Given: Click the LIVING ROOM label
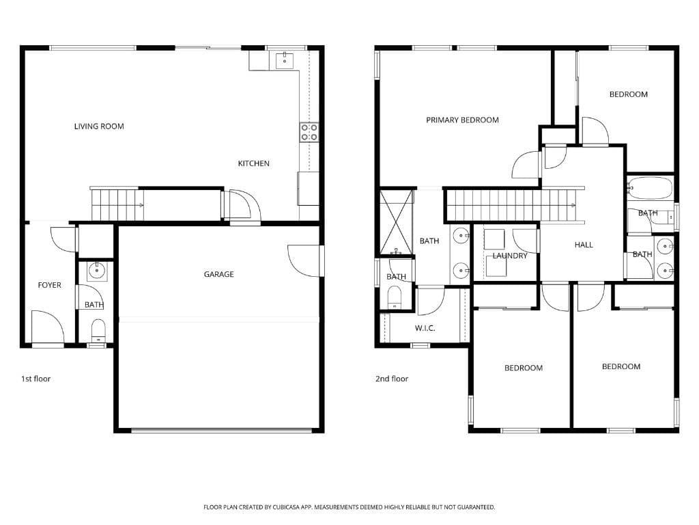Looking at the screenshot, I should click(x=99, y=126).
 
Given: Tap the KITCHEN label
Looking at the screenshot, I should click(x=253, y=163).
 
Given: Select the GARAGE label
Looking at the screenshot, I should click(x=218, y=274).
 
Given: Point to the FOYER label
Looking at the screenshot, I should click(x=49, y=285).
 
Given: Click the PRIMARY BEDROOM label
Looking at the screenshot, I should click(x=462, y=120).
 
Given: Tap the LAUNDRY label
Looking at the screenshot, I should click(x=510, y=256).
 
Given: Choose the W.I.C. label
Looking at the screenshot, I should click(x=425, y=328).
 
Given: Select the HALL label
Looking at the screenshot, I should click(x=584, y=245).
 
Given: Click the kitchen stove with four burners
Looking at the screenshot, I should click(x=309, y=132).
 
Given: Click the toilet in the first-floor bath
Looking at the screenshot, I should click(x=98, y=329).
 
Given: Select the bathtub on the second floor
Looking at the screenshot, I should click(x=650, y=187).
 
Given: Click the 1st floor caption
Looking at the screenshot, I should click(x=35, y=379).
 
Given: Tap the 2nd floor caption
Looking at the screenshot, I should click(x=392, y=379).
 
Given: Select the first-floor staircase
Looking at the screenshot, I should click(x=117, y=204).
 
